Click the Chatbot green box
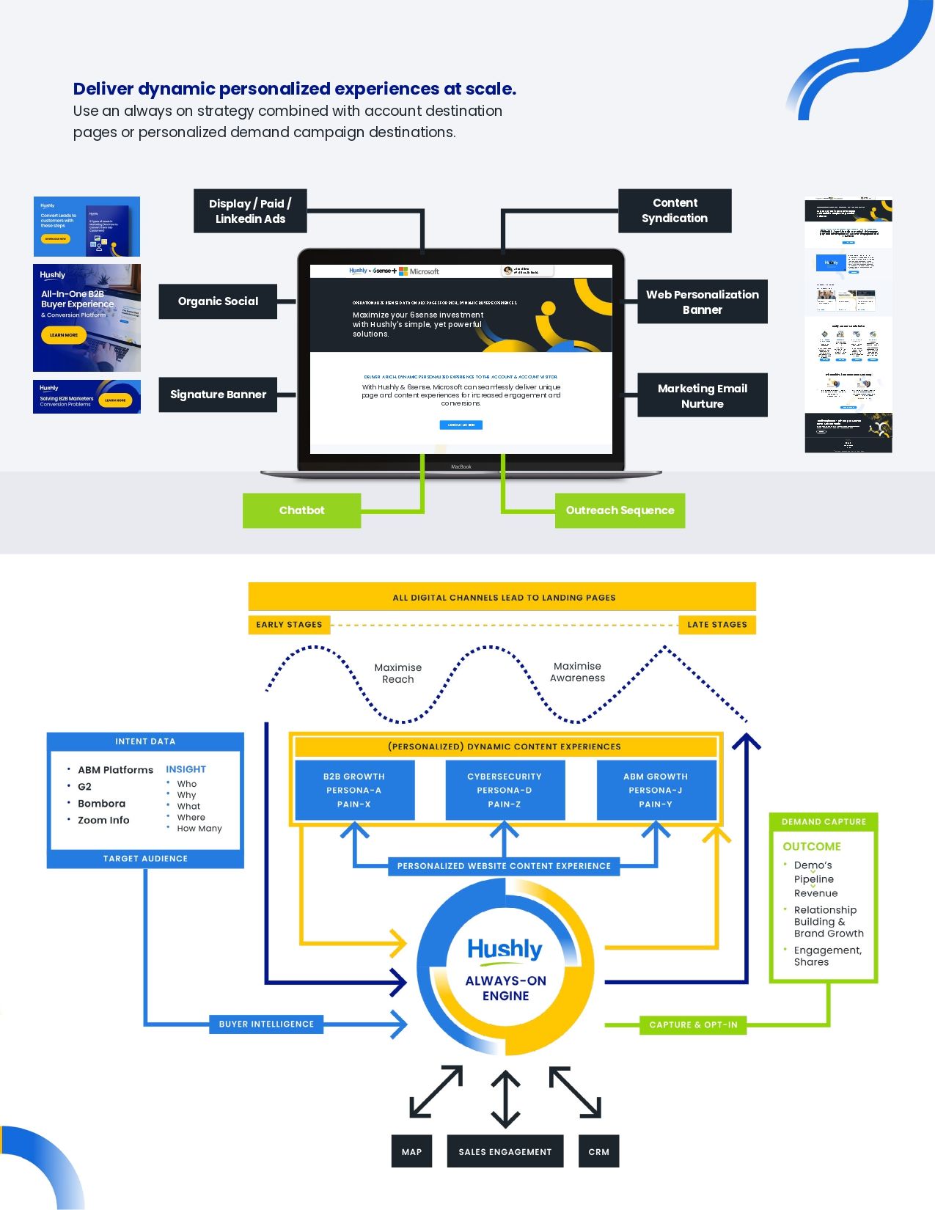pyautogui.click(x=301, y=510)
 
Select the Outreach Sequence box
pyautogui.click(x=620, y=510)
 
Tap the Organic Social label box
pyautogui.click(x=218, y=301)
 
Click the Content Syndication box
pyautogui.click(x=675, y=210)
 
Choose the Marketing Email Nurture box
pyautogui.click(x=702, y=396)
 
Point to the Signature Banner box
pyautogui.click(x=218, y=395)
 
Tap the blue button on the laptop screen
pyautogui.click(x=461, y=425)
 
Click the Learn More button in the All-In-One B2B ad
pyautogui.click(x=64, y=335)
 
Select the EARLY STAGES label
pyautogui.click(x=289, y=625)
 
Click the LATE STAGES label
pyautogui.click(x=716, y=625)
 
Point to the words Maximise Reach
pyautogui.click(x=397, y=673)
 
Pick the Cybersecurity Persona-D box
pyautogui.click(x=505, y=791)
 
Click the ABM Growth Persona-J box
pyautogui.click(x=656, y=791)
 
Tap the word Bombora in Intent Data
pyautogui.click(x=101, y=804)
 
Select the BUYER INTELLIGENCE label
pyautogui.click(x=266, y=1024)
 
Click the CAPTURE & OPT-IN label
pyautogui.click(x=693, y=1025)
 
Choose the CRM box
pyautogui.click(x=598, y=1152)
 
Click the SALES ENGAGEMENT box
pyautogui.click(x=505, y=1152)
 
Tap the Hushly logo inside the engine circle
pyautogui.click(x=505, y=950)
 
